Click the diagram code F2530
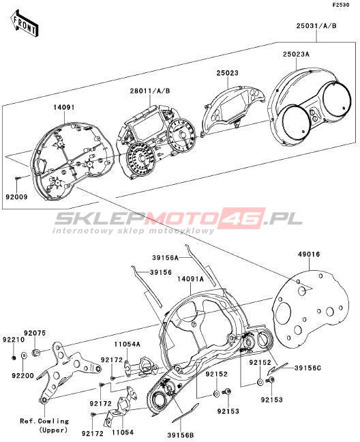point(341,5)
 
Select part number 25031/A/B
point(316,26)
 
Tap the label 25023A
point(296,54)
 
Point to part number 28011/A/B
point(150,91)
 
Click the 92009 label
point(16,196)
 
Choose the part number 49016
point(309,254)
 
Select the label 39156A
point(166,257)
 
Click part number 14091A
point(191,279)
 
